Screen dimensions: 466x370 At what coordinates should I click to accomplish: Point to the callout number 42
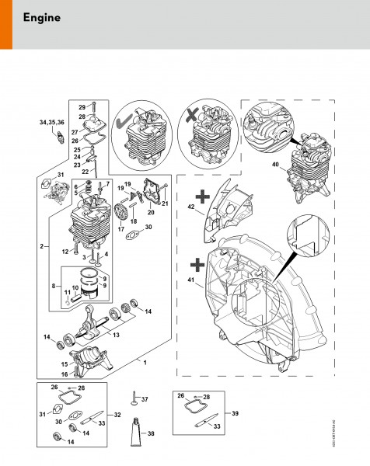pyautogui.click(x=191, y=207)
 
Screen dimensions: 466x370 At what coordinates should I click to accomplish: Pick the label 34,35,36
pyautogui.click(x=51, y=122)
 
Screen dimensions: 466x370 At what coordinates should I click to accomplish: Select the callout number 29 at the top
pyautogui.click(x=82, y=106)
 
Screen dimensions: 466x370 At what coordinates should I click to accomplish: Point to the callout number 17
pyautogui.click(x=120, y=229)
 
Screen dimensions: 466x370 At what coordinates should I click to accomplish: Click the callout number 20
pyautogui.click(x=151, y=210)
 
